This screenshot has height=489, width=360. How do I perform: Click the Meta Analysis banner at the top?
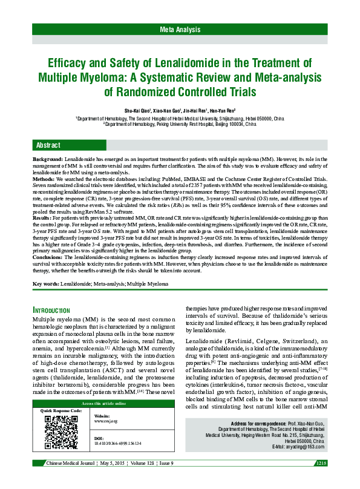180,30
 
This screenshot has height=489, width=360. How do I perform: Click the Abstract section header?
48,146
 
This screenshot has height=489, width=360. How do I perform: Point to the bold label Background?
48,157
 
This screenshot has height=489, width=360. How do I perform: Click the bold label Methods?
45,180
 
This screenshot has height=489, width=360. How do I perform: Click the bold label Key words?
46,283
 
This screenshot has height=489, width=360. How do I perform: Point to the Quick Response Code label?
62,411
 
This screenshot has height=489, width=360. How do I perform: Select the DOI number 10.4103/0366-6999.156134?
119,443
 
